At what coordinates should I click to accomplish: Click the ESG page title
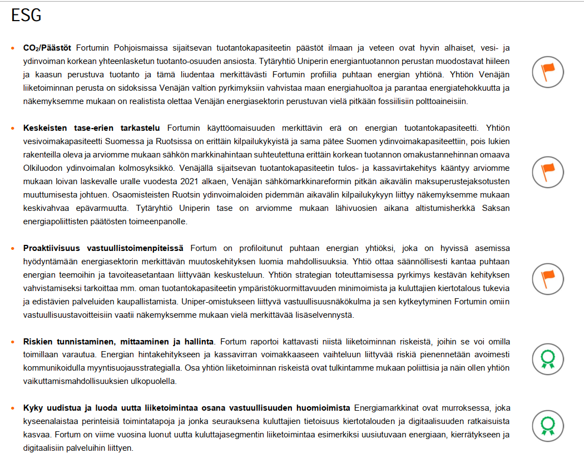tap(26, 16)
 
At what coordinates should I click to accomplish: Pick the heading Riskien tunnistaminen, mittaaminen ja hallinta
tap(120, 341)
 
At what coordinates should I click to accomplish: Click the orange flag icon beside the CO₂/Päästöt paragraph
tap(547, 71)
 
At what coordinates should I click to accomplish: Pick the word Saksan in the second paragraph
tap(497, 208)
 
